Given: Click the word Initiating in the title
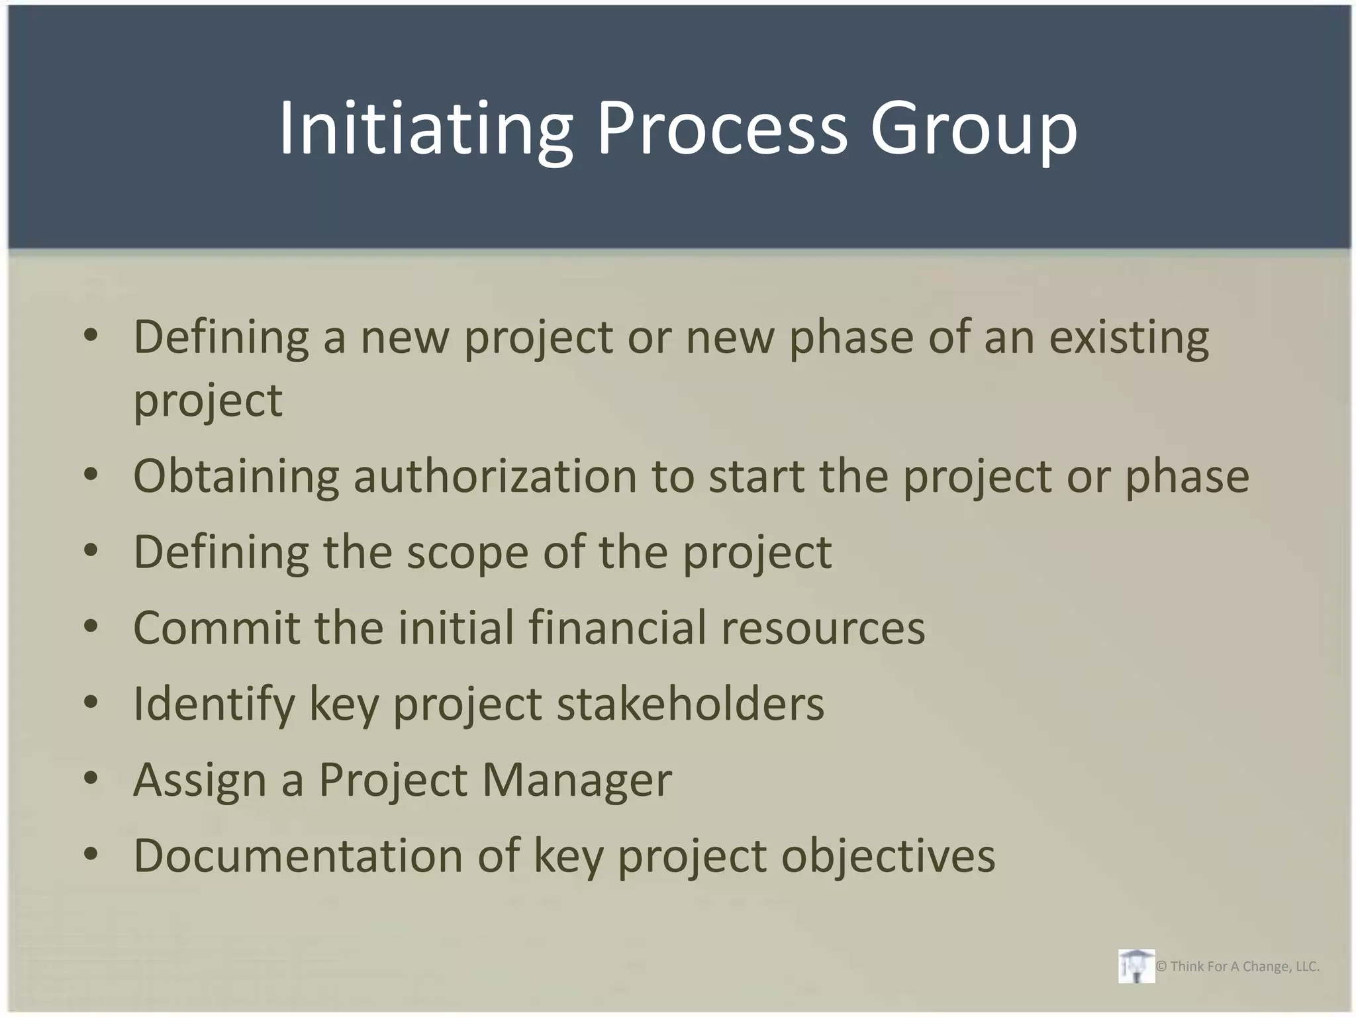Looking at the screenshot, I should point(424,128).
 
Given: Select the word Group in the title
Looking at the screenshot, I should point(973,128).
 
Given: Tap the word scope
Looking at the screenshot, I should point(467,553).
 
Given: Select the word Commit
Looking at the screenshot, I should point(217,628).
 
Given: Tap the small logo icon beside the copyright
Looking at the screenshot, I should point(1136,966).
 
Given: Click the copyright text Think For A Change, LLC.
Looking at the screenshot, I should point(1237,967).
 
